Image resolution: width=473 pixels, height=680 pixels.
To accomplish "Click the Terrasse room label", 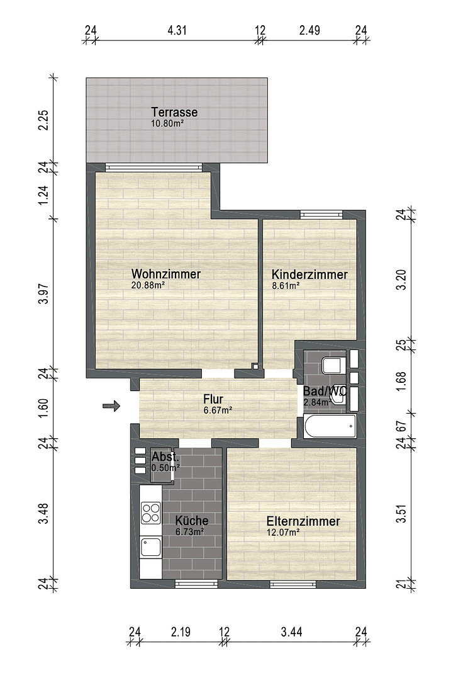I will pos(174,113).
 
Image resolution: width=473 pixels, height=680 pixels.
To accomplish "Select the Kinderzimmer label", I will pos(309,275).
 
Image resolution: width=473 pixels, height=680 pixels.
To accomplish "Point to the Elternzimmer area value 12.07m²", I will pos(282,532).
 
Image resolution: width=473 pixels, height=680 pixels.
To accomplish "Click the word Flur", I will pos(213,399).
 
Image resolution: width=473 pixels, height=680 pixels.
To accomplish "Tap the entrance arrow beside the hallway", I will pos(111,406).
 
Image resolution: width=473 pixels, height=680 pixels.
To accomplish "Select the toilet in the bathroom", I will pos(331,365).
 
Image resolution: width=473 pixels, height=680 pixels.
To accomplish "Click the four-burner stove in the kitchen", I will pos(151,512).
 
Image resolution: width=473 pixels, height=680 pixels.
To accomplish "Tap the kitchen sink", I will pos(151,546).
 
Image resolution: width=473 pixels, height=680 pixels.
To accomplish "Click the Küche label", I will pos(191,521).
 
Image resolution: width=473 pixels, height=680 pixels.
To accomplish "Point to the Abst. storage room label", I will pos(165,457).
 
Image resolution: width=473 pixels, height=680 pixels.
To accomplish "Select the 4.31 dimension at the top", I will pos(176,30).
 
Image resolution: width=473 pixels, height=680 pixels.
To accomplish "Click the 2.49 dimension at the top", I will pos(310,30).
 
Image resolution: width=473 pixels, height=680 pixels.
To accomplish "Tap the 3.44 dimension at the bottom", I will pos(291,632).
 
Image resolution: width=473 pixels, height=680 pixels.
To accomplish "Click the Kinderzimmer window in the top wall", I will pos(321,215).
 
